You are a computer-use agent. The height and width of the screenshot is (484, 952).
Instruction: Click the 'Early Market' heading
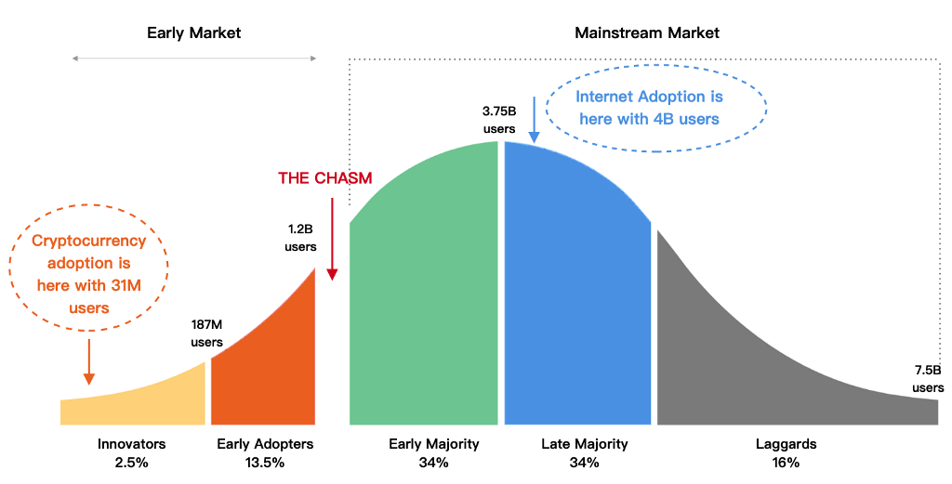tap(193, 33)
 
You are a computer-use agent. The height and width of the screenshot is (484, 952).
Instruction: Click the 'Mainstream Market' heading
tap(646, 33)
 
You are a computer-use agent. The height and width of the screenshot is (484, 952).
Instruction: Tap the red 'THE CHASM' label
tap(325, 178)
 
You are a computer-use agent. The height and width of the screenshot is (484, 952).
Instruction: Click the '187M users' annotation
tap(206, 334)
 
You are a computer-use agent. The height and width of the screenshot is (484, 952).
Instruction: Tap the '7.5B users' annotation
tap(927, 379)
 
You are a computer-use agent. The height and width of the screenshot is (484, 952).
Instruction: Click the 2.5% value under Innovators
tap(131, 462)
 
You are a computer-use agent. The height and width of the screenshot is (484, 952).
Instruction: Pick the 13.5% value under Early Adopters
tap(265, 462)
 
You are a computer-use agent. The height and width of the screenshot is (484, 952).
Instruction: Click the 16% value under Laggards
tap(786, 462)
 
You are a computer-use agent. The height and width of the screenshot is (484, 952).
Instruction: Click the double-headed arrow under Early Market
tap(194, 59)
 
